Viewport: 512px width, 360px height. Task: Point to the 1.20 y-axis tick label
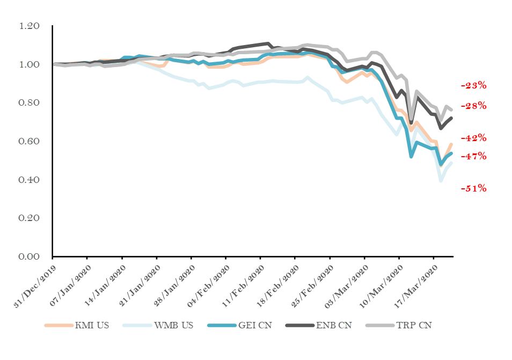(x=30, y=26)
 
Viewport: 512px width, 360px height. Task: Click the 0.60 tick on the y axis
(x=30, y=141)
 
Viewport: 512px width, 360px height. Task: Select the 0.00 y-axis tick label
(x=30, y=256)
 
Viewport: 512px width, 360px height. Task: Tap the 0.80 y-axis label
(x=30, y=102)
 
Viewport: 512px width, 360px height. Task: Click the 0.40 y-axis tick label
(x=30, y=180)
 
